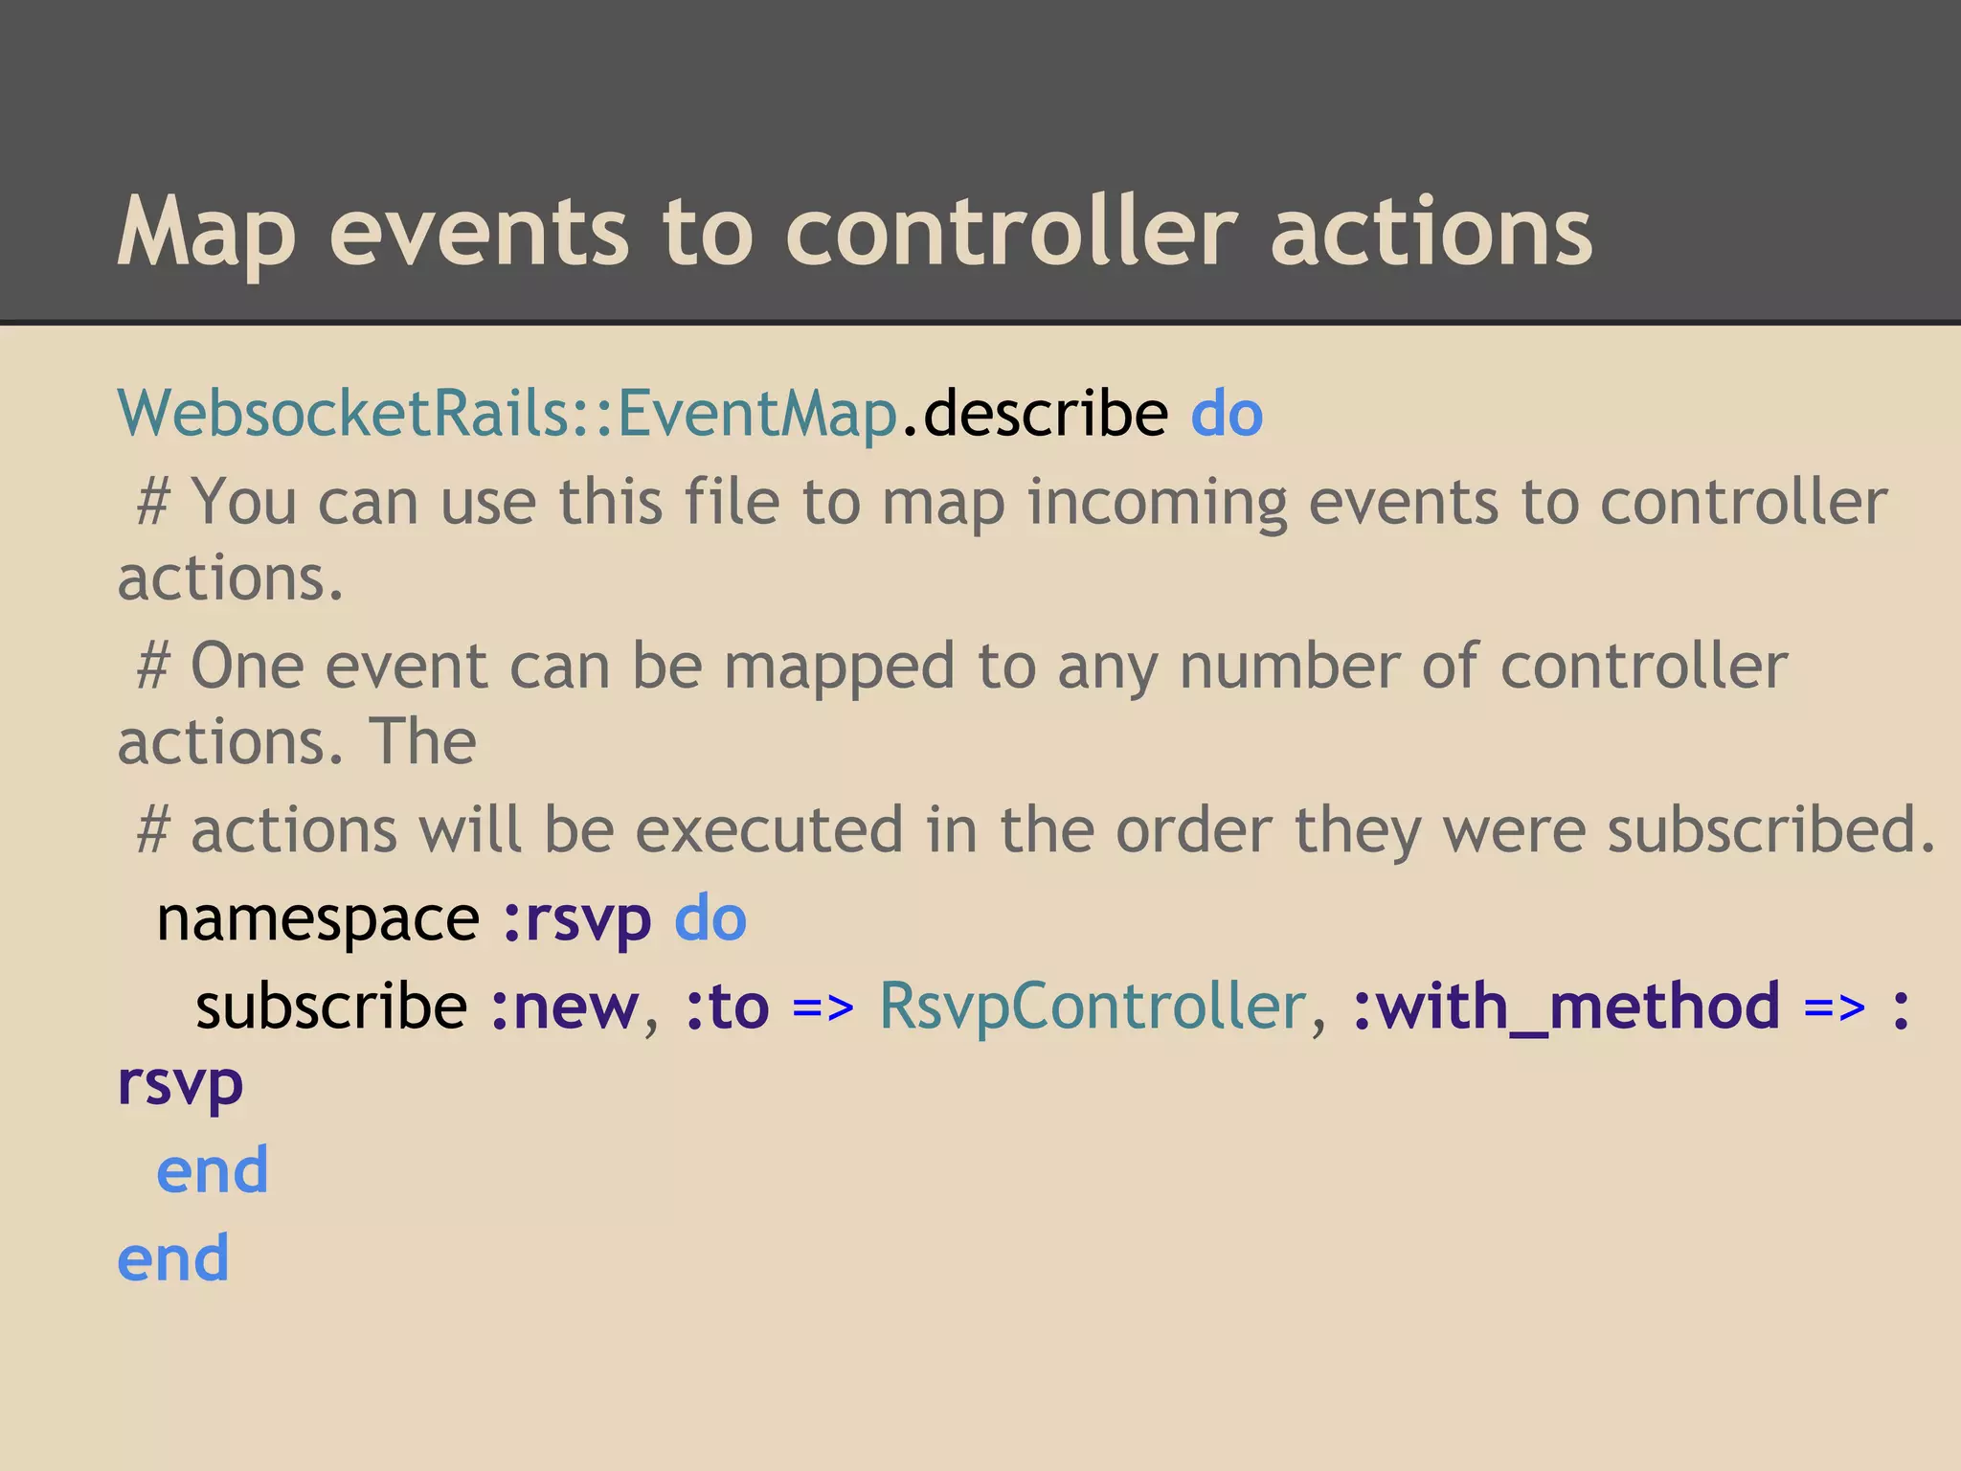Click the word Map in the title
click(206, 232)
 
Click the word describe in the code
click(1046, 414)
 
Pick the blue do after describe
click(1227, 414)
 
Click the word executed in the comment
click(770, 829)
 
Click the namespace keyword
click(318, 918)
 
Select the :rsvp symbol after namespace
click(576, 918)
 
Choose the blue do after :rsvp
click(710, 918)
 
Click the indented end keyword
click(213, 1169)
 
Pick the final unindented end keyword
click(173, 1257)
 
